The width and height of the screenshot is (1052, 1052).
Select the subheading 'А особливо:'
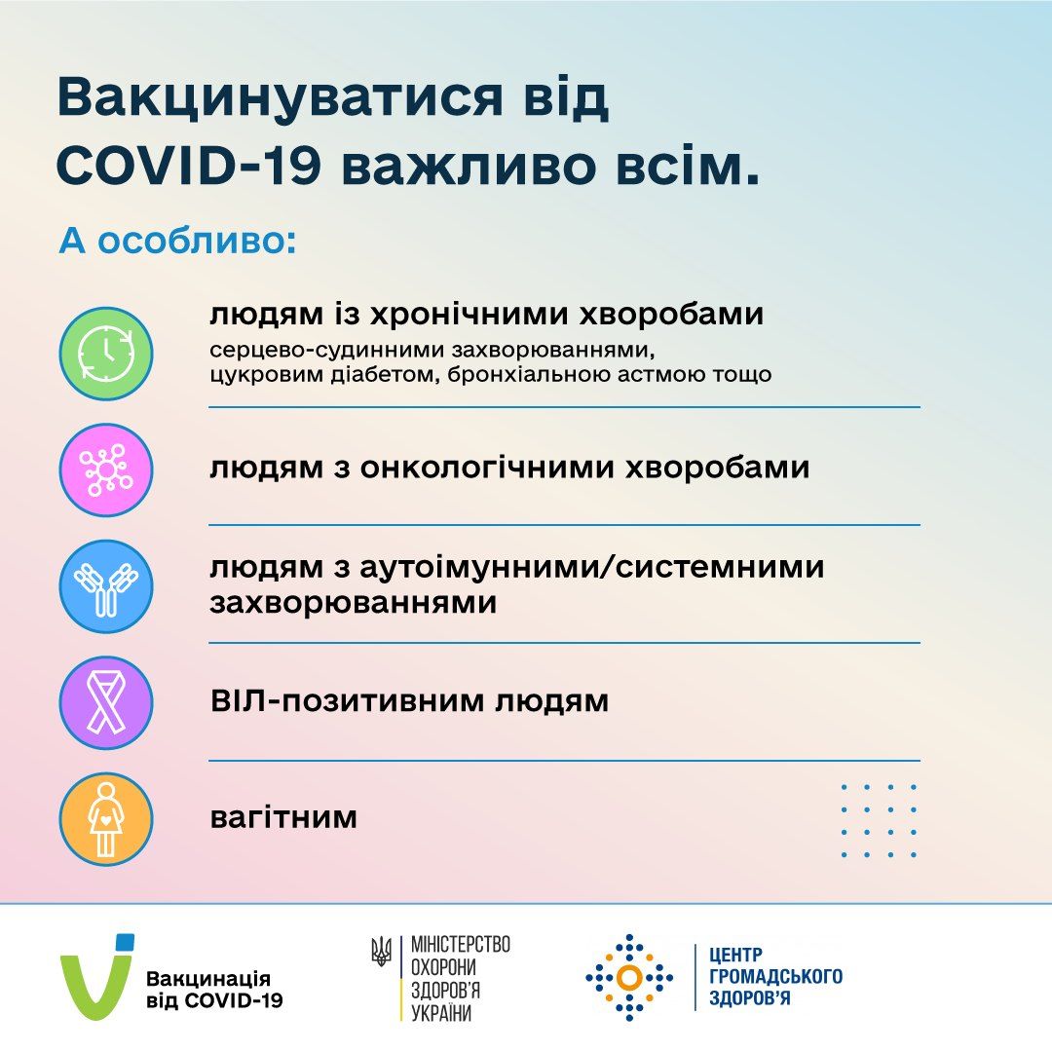177,241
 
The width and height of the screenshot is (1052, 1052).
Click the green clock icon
106,354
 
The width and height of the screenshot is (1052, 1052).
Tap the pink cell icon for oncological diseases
106,470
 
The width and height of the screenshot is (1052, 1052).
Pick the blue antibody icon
106,587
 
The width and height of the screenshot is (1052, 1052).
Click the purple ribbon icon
106,702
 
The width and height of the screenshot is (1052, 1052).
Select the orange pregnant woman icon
106,819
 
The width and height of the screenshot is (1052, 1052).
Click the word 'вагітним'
283,817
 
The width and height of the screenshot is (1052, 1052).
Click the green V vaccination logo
96,976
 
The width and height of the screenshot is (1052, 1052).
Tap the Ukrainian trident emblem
382,951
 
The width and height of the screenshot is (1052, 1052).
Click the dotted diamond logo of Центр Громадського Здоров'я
629,977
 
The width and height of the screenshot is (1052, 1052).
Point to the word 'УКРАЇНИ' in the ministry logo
442,1013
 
